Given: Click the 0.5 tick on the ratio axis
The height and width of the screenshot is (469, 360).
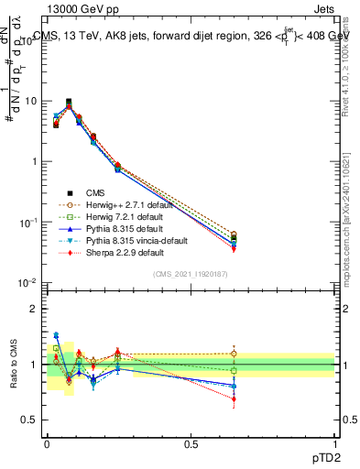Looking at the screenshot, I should coord(29,420).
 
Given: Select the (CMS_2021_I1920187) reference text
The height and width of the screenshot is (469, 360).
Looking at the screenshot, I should coord(191,274).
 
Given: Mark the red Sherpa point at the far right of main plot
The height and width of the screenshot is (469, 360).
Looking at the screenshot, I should coord(234,248).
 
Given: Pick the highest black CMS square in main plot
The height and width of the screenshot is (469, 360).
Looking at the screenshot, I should coord(69,102).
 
